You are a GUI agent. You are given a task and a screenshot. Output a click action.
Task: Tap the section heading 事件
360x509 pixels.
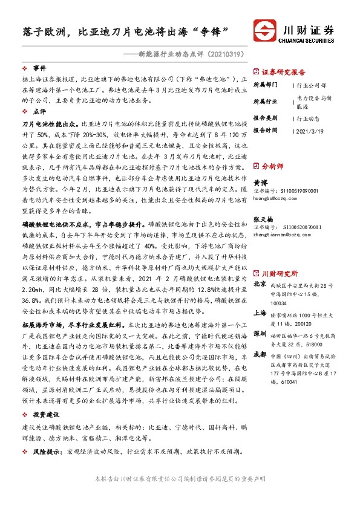[x=39, y=68]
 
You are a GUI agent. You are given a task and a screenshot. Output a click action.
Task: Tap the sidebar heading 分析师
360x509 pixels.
[x=272, y=165]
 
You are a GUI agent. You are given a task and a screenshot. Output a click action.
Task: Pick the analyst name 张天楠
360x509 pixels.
[x=262, y=219]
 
